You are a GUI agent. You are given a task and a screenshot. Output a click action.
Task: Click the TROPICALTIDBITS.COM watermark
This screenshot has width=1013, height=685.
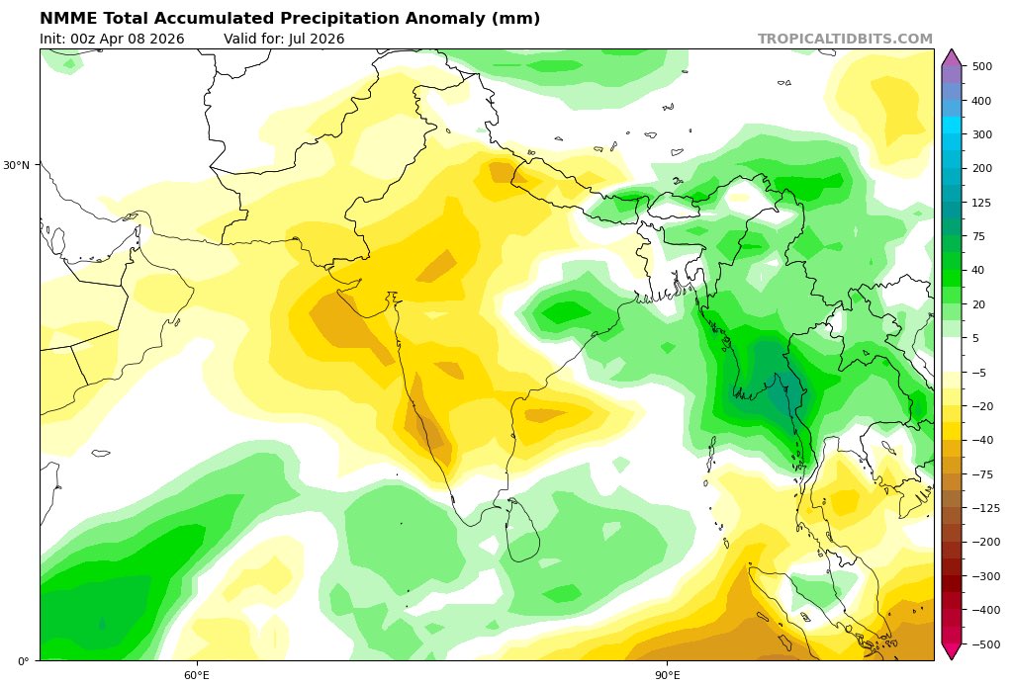[845, 39]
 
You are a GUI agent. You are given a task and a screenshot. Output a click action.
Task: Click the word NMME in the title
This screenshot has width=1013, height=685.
[66, 19]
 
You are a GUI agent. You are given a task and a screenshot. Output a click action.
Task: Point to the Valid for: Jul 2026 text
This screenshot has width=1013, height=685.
[284, 39]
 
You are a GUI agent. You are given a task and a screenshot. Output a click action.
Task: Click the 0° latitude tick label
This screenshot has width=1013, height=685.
[24, 660]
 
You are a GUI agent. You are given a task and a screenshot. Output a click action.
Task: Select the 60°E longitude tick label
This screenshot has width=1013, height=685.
[196, 675]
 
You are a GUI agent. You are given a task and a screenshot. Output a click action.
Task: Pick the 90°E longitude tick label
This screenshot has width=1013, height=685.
[667, 675]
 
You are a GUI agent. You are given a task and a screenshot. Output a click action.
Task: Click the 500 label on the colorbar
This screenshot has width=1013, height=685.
[982, 66]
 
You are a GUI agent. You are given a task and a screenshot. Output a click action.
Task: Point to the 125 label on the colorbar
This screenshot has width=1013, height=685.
[982, 203]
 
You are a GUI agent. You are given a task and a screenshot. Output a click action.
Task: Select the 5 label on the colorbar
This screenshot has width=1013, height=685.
[975, 338]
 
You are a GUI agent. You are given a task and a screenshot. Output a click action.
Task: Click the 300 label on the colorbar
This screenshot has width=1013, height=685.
[982, 134]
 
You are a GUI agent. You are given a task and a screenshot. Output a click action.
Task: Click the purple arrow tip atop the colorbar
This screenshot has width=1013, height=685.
[951, 55]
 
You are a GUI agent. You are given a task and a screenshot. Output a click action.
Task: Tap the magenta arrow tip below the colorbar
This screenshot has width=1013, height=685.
[951, 652]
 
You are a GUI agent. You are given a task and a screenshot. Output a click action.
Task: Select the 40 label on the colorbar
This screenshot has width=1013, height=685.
[978, 270]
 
